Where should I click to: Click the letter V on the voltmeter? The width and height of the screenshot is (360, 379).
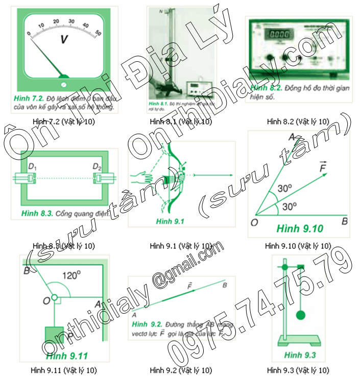(64, 39)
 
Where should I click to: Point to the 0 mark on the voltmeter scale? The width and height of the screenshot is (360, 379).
(29, 34)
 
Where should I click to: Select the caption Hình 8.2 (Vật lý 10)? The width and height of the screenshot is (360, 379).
(298, 121)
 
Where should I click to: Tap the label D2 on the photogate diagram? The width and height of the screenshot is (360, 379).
(98, 167)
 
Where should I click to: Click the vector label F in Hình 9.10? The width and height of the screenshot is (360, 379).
(322, 167)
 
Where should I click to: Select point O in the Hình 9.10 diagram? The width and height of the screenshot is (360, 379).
(254, 222)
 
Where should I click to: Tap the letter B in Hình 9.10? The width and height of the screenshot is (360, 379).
(345, 222)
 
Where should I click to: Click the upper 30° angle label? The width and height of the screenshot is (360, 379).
(284, 188)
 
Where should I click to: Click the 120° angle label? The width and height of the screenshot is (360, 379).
(71, 275)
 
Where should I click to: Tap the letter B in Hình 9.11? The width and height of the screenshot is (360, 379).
(26, 270)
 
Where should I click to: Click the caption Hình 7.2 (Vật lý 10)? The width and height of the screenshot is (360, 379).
(63, 121)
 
